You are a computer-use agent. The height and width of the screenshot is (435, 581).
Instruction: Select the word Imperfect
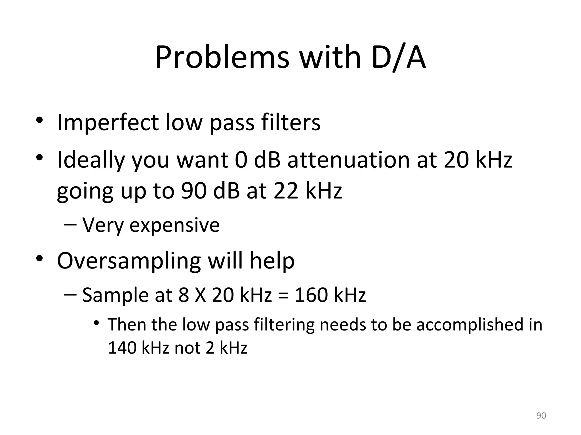coord(108,122)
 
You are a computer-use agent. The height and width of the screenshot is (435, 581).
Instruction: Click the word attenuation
coord(349,160)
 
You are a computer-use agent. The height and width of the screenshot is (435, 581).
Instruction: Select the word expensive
coord(174,225)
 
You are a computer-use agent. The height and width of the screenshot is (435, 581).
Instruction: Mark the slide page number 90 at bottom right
coord(541,415)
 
